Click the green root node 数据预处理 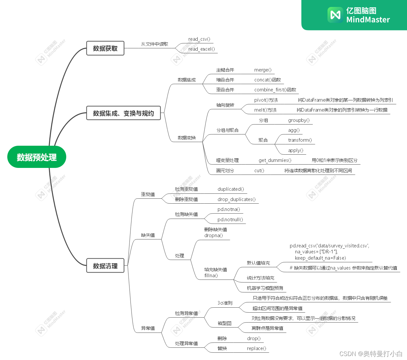(x=37, y=157)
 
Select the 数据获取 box (x=105, y=48)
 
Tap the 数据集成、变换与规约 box (x=123, y=113)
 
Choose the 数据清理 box (x=105, y=266)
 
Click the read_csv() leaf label (x=199, y=39)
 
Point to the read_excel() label (x=201, y=49)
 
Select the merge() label (x=263, y=70)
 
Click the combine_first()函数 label (x=275, y=90)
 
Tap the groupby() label (x=299, y=120)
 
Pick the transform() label (x=300, y=140)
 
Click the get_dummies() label (x=275, y=160)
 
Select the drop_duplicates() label (x=236, y=199)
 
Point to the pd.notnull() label (x=230, y=220)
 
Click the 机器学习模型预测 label (x=265, y=288)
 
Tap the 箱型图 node (x=225, y=323)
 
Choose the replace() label (x=256, y=348)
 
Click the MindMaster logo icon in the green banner (x=335, y=15)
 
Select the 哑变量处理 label (x=227, y=160)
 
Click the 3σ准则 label (x=225, y=303)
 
